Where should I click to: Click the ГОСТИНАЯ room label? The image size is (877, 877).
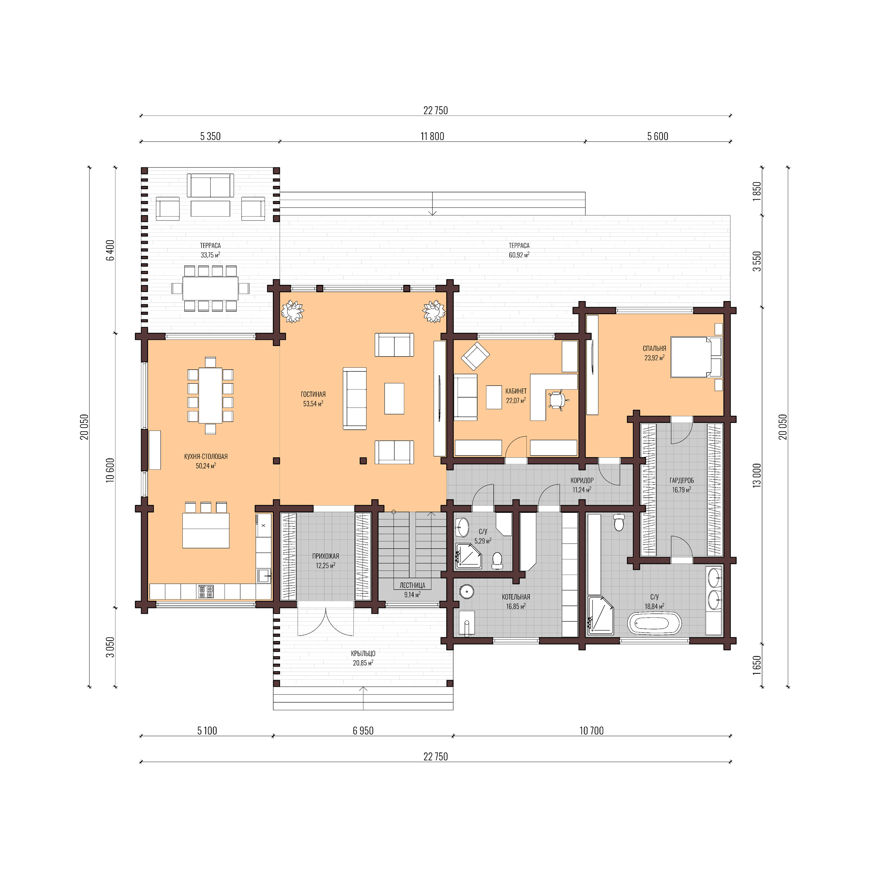click(313, 394)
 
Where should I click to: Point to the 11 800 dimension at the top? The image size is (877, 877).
click(432, 136)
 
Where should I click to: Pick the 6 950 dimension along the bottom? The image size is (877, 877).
click(363, 730)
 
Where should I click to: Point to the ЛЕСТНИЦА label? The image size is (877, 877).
click(412, 585)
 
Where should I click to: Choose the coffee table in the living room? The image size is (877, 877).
click(394, 398)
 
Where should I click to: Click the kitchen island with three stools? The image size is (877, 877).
click(206, 530)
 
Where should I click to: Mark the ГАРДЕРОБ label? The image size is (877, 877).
click(681, 480)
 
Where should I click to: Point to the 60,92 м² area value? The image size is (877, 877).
click(519, 255)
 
